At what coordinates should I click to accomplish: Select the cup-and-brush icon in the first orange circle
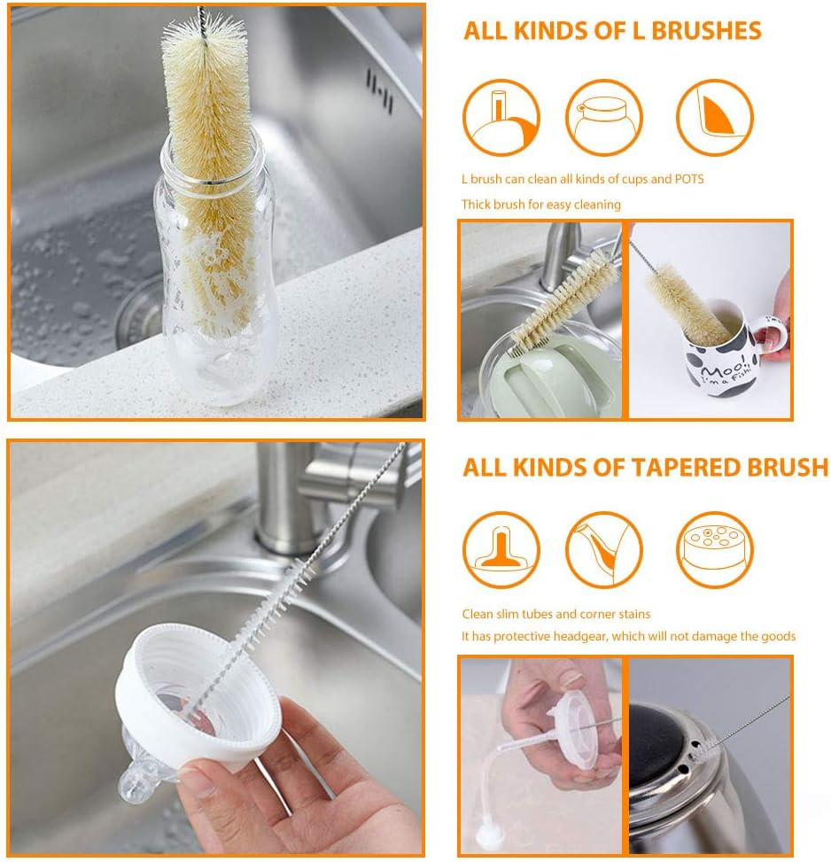[x=501, y=118]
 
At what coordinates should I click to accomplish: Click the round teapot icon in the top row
[x=604, y=118]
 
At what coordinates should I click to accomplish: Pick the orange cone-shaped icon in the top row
[x=715, y=118]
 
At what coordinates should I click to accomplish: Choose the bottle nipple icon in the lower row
[x=501, y=549]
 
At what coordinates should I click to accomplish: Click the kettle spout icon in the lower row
[x=604, y=549]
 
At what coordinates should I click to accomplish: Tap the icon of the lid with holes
[x=715, y=549]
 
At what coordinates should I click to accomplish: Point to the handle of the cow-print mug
[x=770, y=341]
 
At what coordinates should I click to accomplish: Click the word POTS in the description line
[x=688, y=179]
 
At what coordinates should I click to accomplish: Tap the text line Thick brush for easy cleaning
[x=540, y=205]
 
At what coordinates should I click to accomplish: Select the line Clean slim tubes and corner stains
[x=555, y=613]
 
